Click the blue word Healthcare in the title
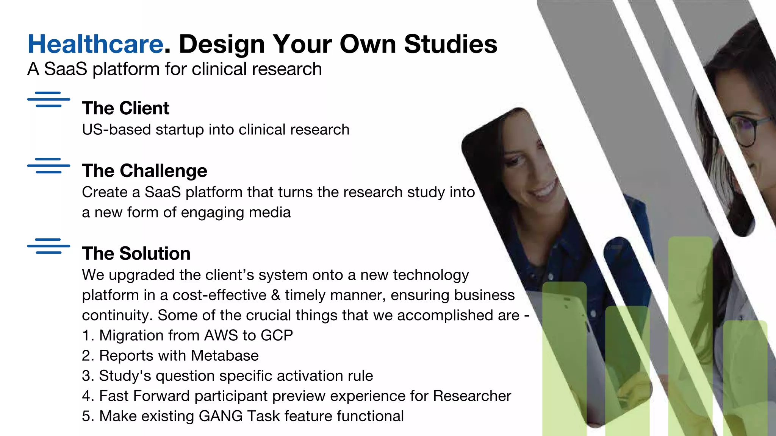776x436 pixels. point(95,44)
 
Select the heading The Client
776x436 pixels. point(125,108)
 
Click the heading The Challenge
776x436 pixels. point(144,171)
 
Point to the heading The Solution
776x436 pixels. point(136,253)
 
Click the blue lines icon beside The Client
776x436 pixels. point(48,100)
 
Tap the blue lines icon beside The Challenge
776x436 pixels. point(48,166)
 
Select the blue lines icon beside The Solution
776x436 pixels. point(48,246)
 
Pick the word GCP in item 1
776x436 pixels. point(277,336)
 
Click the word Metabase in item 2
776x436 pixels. point(225,356)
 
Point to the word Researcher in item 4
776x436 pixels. point(472,396)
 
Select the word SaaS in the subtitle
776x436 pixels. point(66,69)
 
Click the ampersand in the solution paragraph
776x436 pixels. point(275,295)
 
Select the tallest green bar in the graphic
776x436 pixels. point(690,333)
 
